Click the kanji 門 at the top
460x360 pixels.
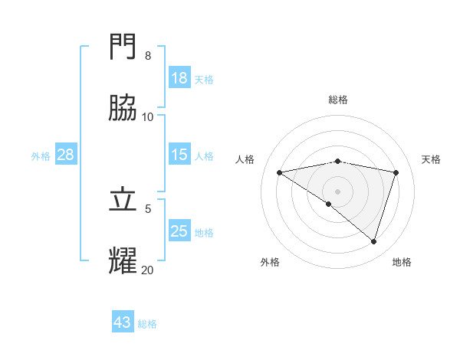point(123,47)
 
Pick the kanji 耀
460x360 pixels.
point(123,261)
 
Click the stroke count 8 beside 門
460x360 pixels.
point(148,55)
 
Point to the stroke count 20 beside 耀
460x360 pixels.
point(148,270)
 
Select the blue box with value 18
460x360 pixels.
point(179,78)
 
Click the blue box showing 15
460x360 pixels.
point(179,155)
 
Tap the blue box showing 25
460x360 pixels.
point(179,231)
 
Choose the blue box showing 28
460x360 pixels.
point(66,155)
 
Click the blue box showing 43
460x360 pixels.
point(123,322)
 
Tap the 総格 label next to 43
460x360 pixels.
point(147,324)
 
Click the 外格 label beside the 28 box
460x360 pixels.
point(41,156)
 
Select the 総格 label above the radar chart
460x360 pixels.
point(338,100)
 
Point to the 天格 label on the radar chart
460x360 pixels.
point(431,159)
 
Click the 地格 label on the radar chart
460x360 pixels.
point(402,263)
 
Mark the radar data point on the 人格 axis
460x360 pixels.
point(280,172)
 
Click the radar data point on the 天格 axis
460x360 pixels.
point(396,172)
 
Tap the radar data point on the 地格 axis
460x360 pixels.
point(374,241)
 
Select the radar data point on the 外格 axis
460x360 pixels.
point(329,204)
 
